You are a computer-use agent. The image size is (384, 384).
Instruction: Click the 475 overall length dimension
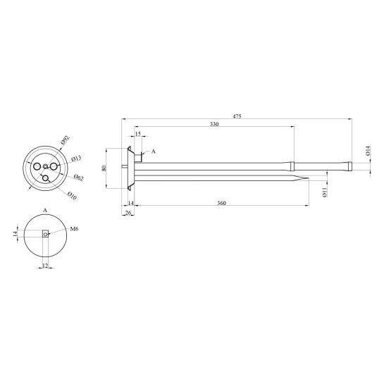tap(237, 116)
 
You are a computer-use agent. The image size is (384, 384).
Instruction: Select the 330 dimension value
tap(214, 124)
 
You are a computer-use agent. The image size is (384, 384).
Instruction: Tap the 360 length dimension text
tap(222, 203)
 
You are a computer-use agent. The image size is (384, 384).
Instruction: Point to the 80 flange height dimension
tap(104, 168)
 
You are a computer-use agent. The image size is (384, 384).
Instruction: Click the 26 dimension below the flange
tap(128, 213)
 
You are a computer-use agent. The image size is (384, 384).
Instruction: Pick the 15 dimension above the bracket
tap(138, 134)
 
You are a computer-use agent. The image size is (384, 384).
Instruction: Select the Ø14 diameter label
tap(368, 150)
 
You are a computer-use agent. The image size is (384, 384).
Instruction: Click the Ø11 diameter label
tap(325, 192)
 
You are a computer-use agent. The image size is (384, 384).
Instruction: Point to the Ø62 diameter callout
tap(79, 178)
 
